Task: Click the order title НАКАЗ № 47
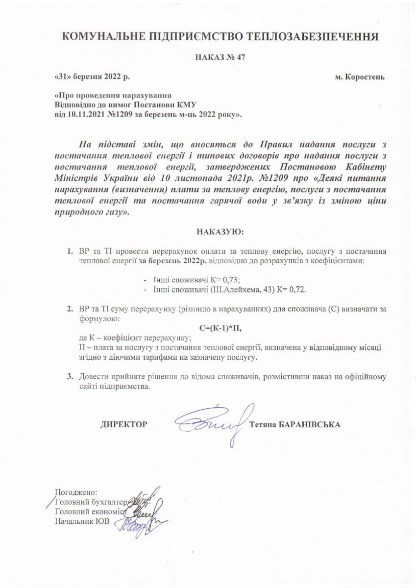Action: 220,57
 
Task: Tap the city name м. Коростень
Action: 359,77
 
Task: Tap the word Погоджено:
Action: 77,492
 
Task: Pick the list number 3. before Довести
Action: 70,377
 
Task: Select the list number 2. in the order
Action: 70,310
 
